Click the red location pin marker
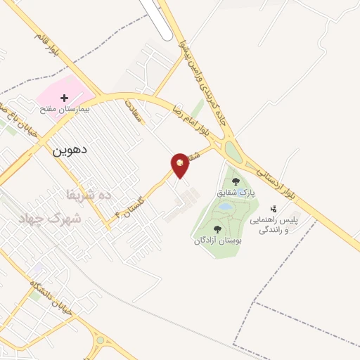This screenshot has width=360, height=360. [x=181, y=165]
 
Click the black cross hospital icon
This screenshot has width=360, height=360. [x=65, y=98]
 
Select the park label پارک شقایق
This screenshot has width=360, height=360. [x=236, y=192]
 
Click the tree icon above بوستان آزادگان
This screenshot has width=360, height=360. [x=217, y=229]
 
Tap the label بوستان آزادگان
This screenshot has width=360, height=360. [x=218, y=240]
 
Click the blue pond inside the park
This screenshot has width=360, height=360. [x=225, y=208]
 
